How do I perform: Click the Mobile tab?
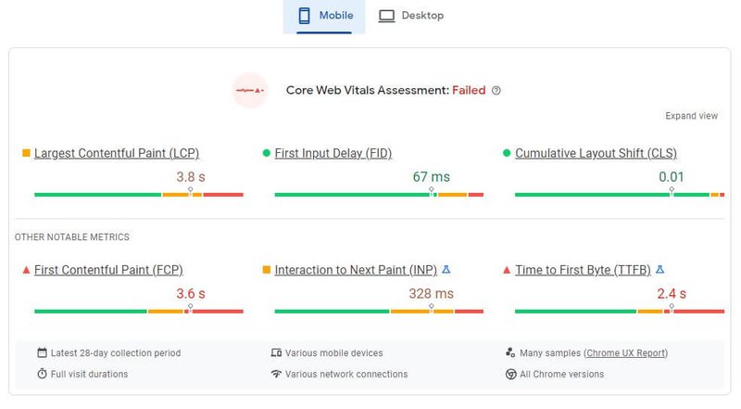coord(324,16)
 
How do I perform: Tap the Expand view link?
coord(691,116)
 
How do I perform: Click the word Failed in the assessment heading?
coord(469,91)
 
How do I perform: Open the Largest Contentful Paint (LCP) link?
coord(117,153)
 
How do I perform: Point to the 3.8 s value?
coord(190,176)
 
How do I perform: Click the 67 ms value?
coord(431,176)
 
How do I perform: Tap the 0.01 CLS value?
coord(672,176)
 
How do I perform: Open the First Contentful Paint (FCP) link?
coord(108,270)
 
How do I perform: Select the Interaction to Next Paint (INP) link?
coord(355,270)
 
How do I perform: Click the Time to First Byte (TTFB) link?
coord(583,270)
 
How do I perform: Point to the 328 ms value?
coord(431,294)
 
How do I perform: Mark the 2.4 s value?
coord(672,294)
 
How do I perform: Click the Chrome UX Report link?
coord(625,353)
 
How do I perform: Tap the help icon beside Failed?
coord(496,91)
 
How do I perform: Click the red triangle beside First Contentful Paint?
coord(26,270)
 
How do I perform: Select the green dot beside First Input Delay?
coord(267,153)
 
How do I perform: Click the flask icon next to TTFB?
coord(659,270)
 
